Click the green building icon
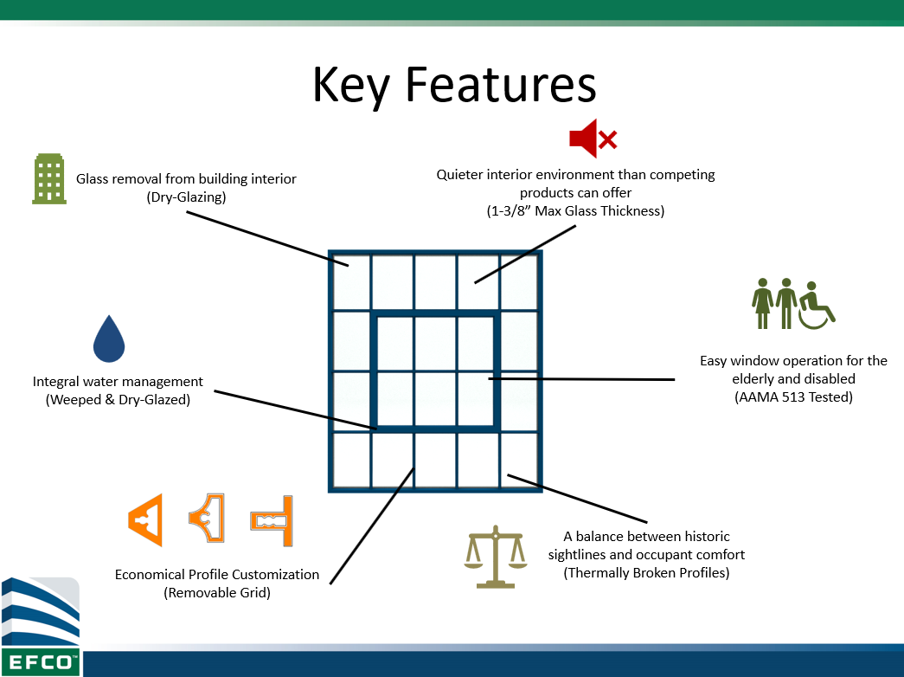click(49, 179)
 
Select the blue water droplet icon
click(109, 338)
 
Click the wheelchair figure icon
click(816, 304)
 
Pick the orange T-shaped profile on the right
click(273, 521)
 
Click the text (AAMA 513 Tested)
click(793, 397)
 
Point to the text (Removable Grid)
click(217, 592)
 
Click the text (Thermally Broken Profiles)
click(646, 572)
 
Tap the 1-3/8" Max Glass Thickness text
click(576, 210)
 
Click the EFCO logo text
click(40, 663)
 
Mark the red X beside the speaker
click(608, 139)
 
